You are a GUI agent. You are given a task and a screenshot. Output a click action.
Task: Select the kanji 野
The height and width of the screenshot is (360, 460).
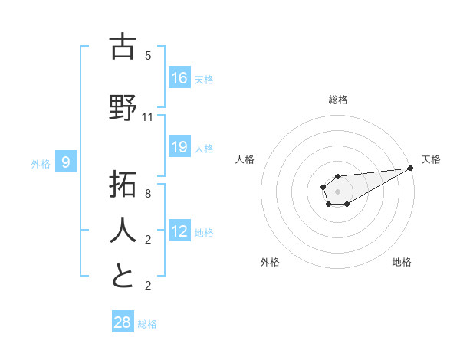[x=123, y=107]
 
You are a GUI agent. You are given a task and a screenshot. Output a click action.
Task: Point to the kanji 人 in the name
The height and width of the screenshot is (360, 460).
[x=123, y=231]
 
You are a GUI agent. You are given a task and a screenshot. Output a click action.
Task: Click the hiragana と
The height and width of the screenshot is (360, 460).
[x=123, y=276]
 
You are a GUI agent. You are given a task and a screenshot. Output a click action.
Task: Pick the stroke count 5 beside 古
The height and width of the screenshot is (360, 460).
[x=148, y=56]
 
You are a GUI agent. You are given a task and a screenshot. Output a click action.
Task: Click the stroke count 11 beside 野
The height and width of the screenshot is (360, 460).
[x=148, y=117]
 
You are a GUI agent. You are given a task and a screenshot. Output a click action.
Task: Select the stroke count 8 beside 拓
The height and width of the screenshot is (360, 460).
[x=148, y=194]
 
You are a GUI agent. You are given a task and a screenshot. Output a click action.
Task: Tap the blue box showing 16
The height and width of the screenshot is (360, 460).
[x=179, y=77]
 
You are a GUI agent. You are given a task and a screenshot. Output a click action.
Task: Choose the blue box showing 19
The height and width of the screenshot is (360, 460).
[x=179, y=146]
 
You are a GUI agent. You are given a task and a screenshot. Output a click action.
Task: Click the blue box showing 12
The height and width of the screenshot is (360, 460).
[x=179, y=231]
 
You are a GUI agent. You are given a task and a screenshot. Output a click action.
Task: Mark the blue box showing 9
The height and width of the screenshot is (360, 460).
[x=67, y=162]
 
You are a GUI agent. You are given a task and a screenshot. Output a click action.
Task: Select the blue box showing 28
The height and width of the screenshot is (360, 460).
[x=123, y=322]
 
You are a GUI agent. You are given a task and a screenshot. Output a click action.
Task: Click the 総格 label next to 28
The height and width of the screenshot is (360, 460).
[x=147, y=324]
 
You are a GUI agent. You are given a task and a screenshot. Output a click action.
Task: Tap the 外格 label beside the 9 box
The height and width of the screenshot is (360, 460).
[x=41, y=163]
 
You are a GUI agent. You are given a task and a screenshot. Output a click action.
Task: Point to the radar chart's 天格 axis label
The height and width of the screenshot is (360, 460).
[x=431, y=159]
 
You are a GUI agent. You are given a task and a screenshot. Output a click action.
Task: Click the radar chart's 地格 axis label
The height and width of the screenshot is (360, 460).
[x=402, y=262]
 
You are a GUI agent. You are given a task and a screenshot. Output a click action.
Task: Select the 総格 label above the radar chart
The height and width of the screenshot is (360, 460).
[x=338, y=100]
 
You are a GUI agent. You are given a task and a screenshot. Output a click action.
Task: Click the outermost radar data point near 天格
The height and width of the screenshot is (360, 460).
[x=411, y=168]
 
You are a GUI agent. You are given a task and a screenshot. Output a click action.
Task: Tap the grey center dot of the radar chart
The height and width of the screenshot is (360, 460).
[x=337, y=191]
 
